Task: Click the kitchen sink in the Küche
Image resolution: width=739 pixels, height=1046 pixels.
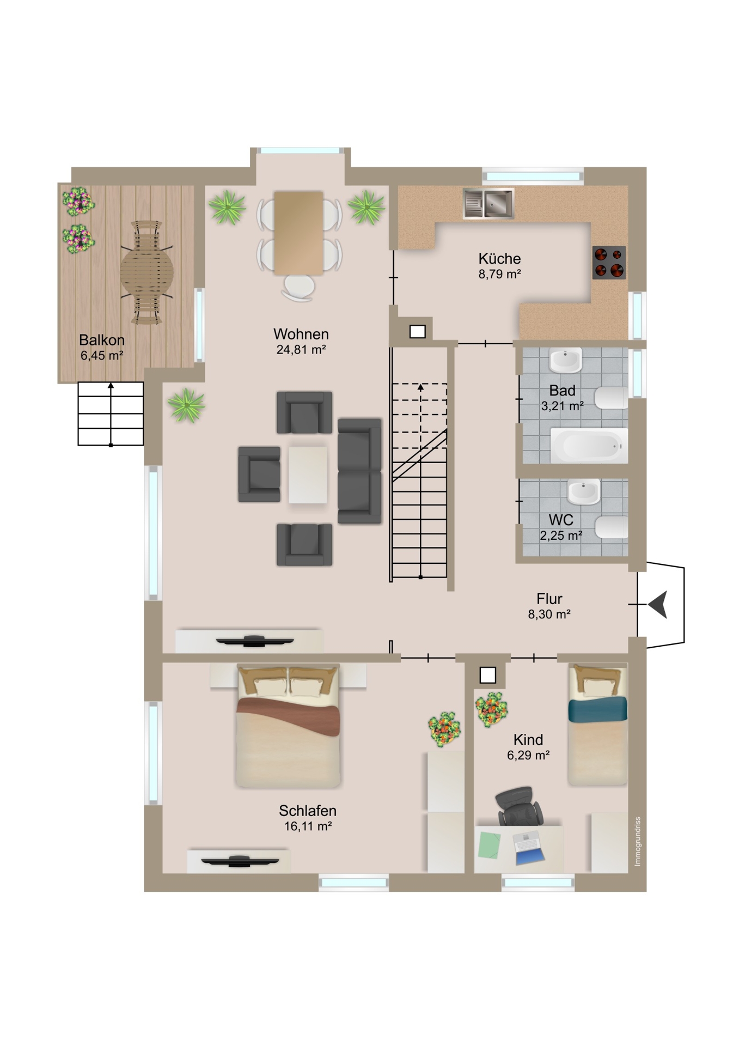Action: click(x=488, y=204)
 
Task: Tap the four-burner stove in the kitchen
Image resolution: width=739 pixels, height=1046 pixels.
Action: click(x=609, y=263)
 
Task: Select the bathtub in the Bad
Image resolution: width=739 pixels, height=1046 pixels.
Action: click(x=589, y=445)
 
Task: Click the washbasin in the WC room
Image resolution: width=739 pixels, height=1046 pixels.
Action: click(x=584, y=491)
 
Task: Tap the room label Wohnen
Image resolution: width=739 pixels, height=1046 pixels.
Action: click(x=301, y=334)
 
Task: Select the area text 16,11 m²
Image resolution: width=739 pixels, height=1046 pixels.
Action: click(x=308, y=826)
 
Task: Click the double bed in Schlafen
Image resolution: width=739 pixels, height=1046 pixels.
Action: click(x=288, y=726)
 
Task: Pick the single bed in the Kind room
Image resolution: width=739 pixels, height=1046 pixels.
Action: click(x=597, y=725)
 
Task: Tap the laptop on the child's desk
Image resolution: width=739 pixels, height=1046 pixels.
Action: click(x=529, y=848)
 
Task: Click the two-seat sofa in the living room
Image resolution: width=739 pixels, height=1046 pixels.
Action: click(x=359, y=471)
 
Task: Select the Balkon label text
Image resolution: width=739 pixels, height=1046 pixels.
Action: click(x=102, y=340)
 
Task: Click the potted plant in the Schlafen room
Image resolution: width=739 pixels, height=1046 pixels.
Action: click(x=444, y=728)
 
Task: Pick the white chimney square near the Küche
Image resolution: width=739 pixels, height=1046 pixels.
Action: click(x=418, y=331)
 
